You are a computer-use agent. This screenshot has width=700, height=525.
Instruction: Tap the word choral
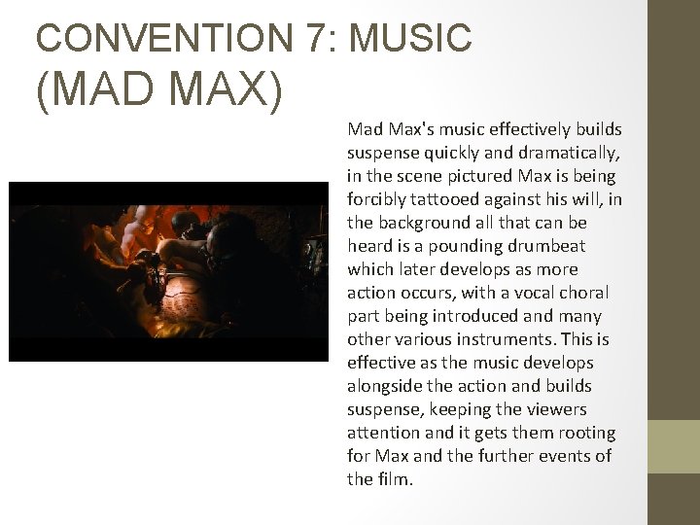[x=586, y=293]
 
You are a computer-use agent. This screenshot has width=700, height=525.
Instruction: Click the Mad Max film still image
[x=169, y=271]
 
